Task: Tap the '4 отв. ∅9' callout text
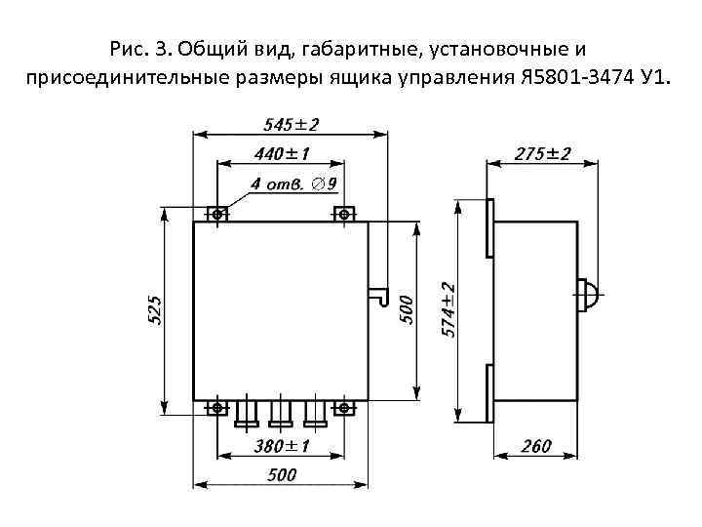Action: tap(294, 183)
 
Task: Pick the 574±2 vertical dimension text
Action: tap(449, 308)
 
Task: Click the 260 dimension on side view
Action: tap(537, 446)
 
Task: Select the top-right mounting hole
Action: tap(343, 213)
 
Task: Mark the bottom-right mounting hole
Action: tap(343, 408)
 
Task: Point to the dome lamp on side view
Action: tap(590, 295)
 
